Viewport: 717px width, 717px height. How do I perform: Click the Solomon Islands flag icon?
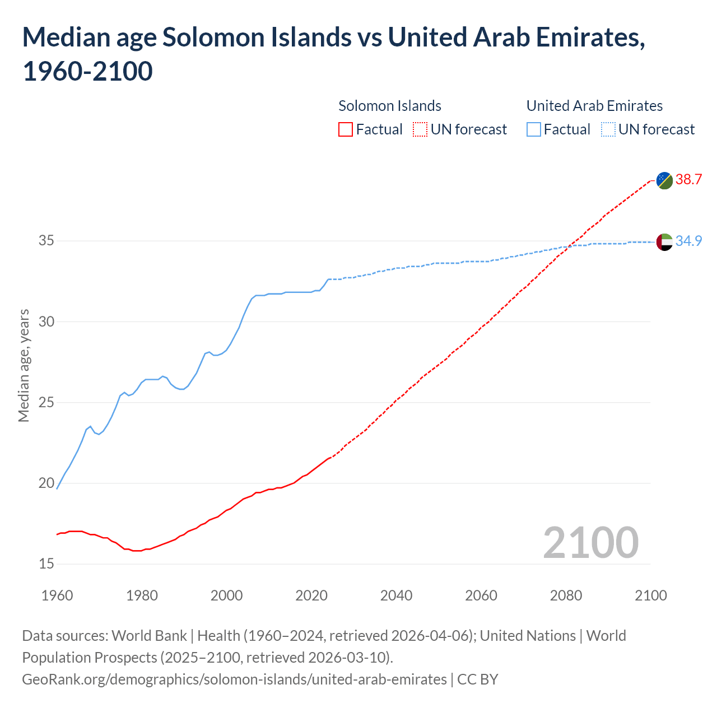coord(664,180)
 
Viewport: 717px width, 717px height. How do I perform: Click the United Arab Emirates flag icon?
coord(664,242)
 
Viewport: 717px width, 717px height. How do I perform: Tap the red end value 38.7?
coord(688,180)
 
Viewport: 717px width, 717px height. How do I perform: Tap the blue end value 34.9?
coord(688,241)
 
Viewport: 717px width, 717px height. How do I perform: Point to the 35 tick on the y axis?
coord(46,241)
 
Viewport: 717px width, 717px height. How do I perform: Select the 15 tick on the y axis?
coord(46,564)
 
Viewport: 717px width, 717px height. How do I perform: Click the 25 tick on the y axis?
coord(46,403)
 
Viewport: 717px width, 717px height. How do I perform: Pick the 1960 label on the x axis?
coord(57,595)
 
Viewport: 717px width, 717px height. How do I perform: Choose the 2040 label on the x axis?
coord(396,595)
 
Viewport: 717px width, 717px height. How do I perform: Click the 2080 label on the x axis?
coord(566,595)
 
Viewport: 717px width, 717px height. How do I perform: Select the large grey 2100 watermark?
coord(590,543)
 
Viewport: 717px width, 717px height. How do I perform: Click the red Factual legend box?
coord(346,130)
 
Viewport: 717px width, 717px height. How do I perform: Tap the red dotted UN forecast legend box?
coord(420,130)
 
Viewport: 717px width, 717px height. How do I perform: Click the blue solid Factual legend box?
coord(534,130)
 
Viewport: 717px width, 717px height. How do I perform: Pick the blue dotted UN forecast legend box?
coord(608,130)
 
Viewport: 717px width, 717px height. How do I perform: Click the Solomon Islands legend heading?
coord(390,106)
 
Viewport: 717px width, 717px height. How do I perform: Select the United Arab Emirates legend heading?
coord(594,106)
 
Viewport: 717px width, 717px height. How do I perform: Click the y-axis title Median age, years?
coord(24,365)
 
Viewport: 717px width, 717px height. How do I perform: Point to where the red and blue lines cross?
coord(570,246)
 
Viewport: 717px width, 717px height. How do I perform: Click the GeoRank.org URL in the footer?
coord(234,679)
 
